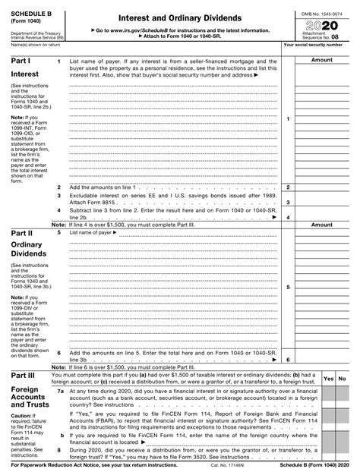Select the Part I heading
[x=20, y=60]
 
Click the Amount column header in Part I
[x=322, y=59]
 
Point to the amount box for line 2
[x=322, y=187]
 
